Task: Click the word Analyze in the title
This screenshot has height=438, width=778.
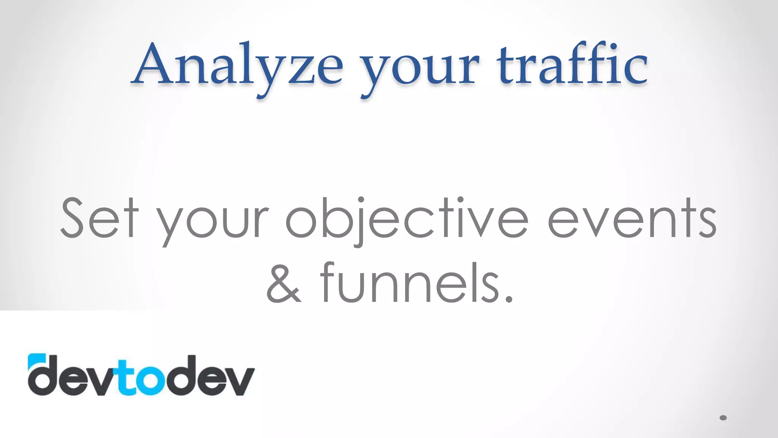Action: click(x=237, y=65)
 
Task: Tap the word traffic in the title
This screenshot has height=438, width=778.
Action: click(x=571, y=65)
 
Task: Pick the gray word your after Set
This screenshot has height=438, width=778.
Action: click(x=213, y=224)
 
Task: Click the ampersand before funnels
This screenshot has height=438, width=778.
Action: click(x=284, y=283)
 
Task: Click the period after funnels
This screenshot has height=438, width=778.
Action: click(x=509, y=299)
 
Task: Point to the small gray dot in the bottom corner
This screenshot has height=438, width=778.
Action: click(x=723, y=418)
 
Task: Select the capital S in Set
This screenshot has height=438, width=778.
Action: click(x=72, y=218)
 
